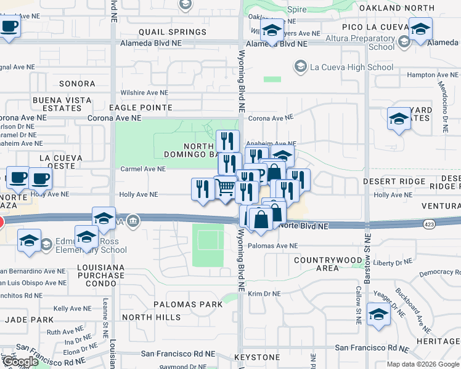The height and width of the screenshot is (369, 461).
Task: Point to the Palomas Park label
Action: [187, 304]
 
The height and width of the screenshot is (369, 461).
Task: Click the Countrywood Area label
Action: [326, 264]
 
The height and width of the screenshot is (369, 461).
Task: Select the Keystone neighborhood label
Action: [257, 357]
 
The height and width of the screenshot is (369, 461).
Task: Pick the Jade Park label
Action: [29, 320]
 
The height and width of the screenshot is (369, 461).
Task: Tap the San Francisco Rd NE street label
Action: [178, 354]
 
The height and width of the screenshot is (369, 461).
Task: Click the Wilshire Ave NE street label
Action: [144, 92]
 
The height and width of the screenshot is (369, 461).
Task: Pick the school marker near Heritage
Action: [378, 314]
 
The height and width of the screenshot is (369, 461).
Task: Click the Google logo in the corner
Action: [20, 362]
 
